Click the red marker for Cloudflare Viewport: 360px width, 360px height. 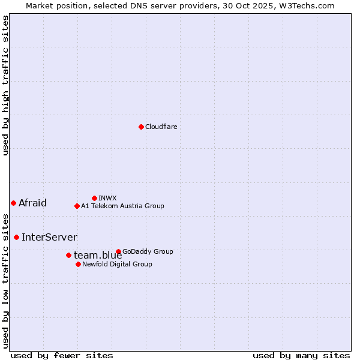pos(141,127)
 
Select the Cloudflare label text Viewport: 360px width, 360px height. pos(161,127)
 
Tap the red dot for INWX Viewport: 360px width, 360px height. pos(94,198)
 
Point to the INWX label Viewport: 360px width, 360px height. pos(107,198)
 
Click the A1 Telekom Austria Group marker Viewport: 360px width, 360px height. pos(77,206)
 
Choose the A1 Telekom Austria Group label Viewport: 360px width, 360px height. pos(122,206)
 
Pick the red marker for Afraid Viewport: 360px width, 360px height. pos(13,203)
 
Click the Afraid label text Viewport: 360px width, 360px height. pos(32,203)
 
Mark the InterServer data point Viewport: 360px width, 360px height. pos(16,237)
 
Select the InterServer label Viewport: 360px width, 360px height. pos(49,237)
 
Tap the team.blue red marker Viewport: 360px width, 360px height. pos(68,255)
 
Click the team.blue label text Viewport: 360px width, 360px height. pos(97,256)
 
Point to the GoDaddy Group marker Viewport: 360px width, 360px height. pos(118,251)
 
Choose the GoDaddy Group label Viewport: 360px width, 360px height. pos(148,251)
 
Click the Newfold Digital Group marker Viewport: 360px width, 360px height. pos(78,264)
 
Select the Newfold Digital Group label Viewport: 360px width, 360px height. pos(117,264)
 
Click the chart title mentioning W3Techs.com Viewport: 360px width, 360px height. pos(180,5)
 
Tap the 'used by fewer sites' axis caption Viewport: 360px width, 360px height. pos(62,355)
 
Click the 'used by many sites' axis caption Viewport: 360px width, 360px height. pos(301,355)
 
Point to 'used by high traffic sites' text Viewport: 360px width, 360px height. pos(5,85)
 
